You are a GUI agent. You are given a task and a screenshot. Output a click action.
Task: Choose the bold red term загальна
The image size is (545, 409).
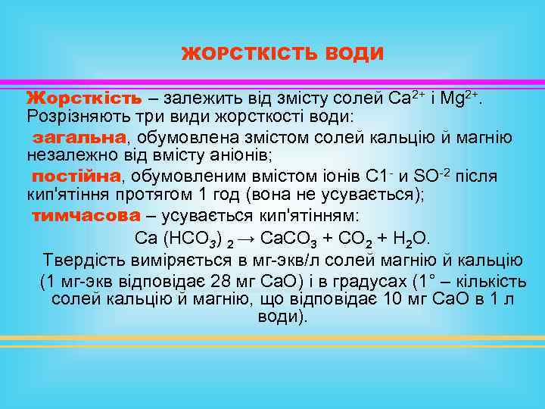78,137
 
